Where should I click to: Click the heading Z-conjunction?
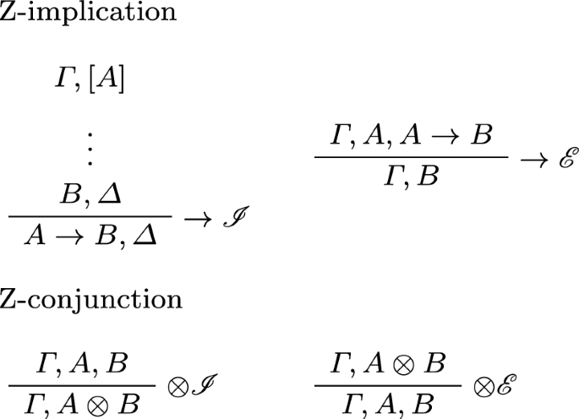[90, 300]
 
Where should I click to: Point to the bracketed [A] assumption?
[108, 81]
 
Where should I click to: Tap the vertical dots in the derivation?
[90, 149]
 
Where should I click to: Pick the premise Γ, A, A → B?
[411, 135]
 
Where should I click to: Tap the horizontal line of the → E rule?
[411, 157]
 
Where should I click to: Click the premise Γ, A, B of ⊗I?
[82, 364]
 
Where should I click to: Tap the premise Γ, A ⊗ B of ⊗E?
[386, 364]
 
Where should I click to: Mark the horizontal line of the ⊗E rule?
[386, 384]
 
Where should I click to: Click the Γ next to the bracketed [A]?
[63, 81]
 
